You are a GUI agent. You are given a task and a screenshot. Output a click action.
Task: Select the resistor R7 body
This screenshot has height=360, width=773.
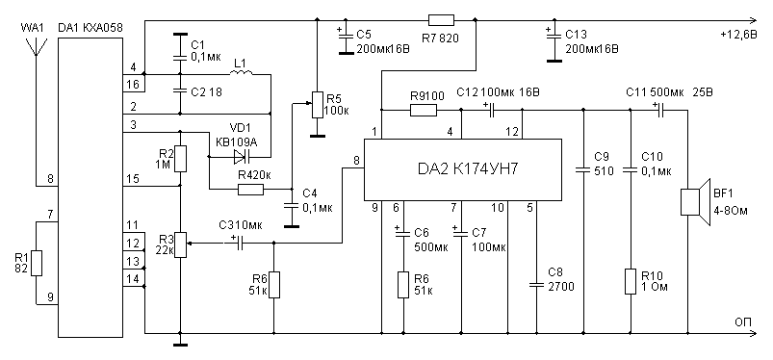tap(441, 19)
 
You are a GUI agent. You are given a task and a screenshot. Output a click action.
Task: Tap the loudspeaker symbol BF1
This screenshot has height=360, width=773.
tap(695, 202)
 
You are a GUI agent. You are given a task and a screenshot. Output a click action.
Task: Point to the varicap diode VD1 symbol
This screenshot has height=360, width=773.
tap(242, 157)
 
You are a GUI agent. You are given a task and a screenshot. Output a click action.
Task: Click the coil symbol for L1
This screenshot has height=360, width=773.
tap(242, 73)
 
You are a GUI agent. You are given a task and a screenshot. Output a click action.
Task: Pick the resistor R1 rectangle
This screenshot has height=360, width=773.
tap(37, 264)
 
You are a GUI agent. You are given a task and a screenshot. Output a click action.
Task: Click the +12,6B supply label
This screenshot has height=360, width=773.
tap(738, 35)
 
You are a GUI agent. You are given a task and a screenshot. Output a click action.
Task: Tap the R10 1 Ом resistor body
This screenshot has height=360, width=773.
tap(631, 282)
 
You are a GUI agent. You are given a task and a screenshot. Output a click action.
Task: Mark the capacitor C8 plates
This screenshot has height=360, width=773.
tap(536, 285)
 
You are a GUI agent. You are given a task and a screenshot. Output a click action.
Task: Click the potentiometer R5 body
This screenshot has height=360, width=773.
tap(317, 105)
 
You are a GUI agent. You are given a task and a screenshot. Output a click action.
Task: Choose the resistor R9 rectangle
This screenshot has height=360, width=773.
tap(424, 110)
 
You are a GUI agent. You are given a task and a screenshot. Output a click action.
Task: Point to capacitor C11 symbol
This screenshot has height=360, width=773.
tap(660, 110)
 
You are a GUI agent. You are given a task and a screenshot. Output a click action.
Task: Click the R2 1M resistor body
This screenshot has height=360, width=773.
tap(180, 158)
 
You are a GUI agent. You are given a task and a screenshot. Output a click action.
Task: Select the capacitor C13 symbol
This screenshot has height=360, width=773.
tap(554, 36)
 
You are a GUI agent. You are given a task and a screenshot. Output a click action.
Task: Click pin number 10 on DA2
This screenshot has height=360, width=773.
tap(499, 208)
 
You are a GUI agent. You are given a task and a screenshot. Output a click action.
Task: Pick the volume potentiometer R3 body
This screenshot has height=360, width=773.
tap(180, 245)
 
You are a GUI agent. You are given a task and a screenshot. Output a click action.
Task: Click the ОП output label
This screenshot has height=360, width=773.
tap(743, 322)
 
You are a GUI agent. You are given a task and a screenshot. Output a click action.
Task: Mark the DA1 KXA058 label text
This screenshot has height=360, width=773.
tap(90, 28)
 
